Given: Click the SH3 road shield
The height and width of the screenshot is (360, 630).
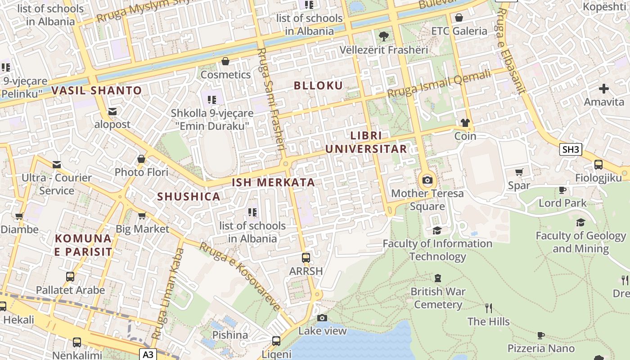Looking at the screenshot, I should (571, 149).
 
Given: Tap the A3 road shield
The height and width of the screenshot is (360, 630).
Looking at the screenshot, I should (148, 355).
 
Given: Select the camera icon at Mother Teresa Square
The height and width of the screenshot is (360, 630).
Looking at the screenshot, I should (427, 180).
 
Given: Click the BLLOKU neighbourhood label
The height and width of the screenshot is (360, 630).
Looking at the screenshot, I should (318, 85).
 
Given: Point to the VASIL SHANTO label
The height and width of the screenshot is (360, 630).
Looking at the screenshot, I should (97, 90).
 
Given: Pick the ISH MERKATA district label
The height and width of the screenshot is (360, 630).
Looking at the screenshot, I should (273, 182).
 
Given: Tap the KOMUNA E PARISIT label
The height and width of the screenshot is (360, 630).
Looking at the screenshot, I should (83, 245).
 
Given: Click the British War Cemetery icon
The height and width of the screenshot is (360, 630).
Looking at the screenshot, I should (438, 278).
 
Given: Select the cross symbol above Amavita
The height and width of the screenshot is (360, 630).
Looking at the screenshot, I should (604, 89).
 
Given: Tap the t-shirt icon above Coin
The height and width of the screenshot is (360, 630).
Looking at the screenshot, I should (465, 123).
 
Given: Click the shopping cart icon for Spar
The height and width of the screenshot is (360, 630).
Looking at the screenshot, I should (519, 172).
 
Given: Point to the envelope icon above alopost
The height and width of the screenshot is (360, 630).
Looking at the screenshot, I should (112, 111).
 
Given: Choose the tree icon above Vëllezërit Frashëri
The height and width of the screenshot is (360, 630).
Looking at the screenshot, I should (384, 36).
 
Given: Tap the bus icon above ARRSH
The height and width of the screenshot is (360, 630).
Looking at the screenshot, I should (306, 258).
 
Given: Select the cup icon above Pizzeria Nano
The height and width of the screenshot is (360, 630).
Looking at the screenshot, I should (541, 335).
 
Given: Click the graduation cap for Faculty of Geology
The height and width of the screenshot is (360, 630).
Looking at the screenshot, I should (580, 222).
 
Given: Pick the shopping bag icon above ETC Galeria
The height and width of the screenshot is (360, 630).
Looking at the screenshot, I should (459, 18).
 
